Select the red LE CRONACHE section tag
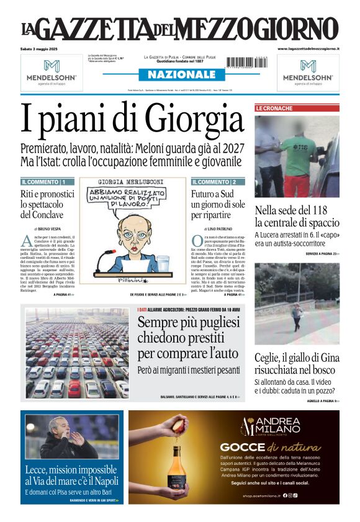pyautogui.click(x=274, y=109)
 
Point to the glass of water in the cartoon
pyautogui.click(x=163, y=263)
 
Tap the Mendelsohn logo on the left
pyautogui.click(x=52, y=72)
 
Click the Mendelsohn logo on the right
pyautogui.click(x=308, y=72)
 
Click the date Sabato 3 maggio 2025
pyautogui.click(x=40, y=48)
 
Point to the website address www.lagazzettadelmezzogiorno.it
pyautogui.click(x=308, y=48)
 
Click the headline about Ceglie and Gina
pyautogui.click(x=297, y=364)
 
